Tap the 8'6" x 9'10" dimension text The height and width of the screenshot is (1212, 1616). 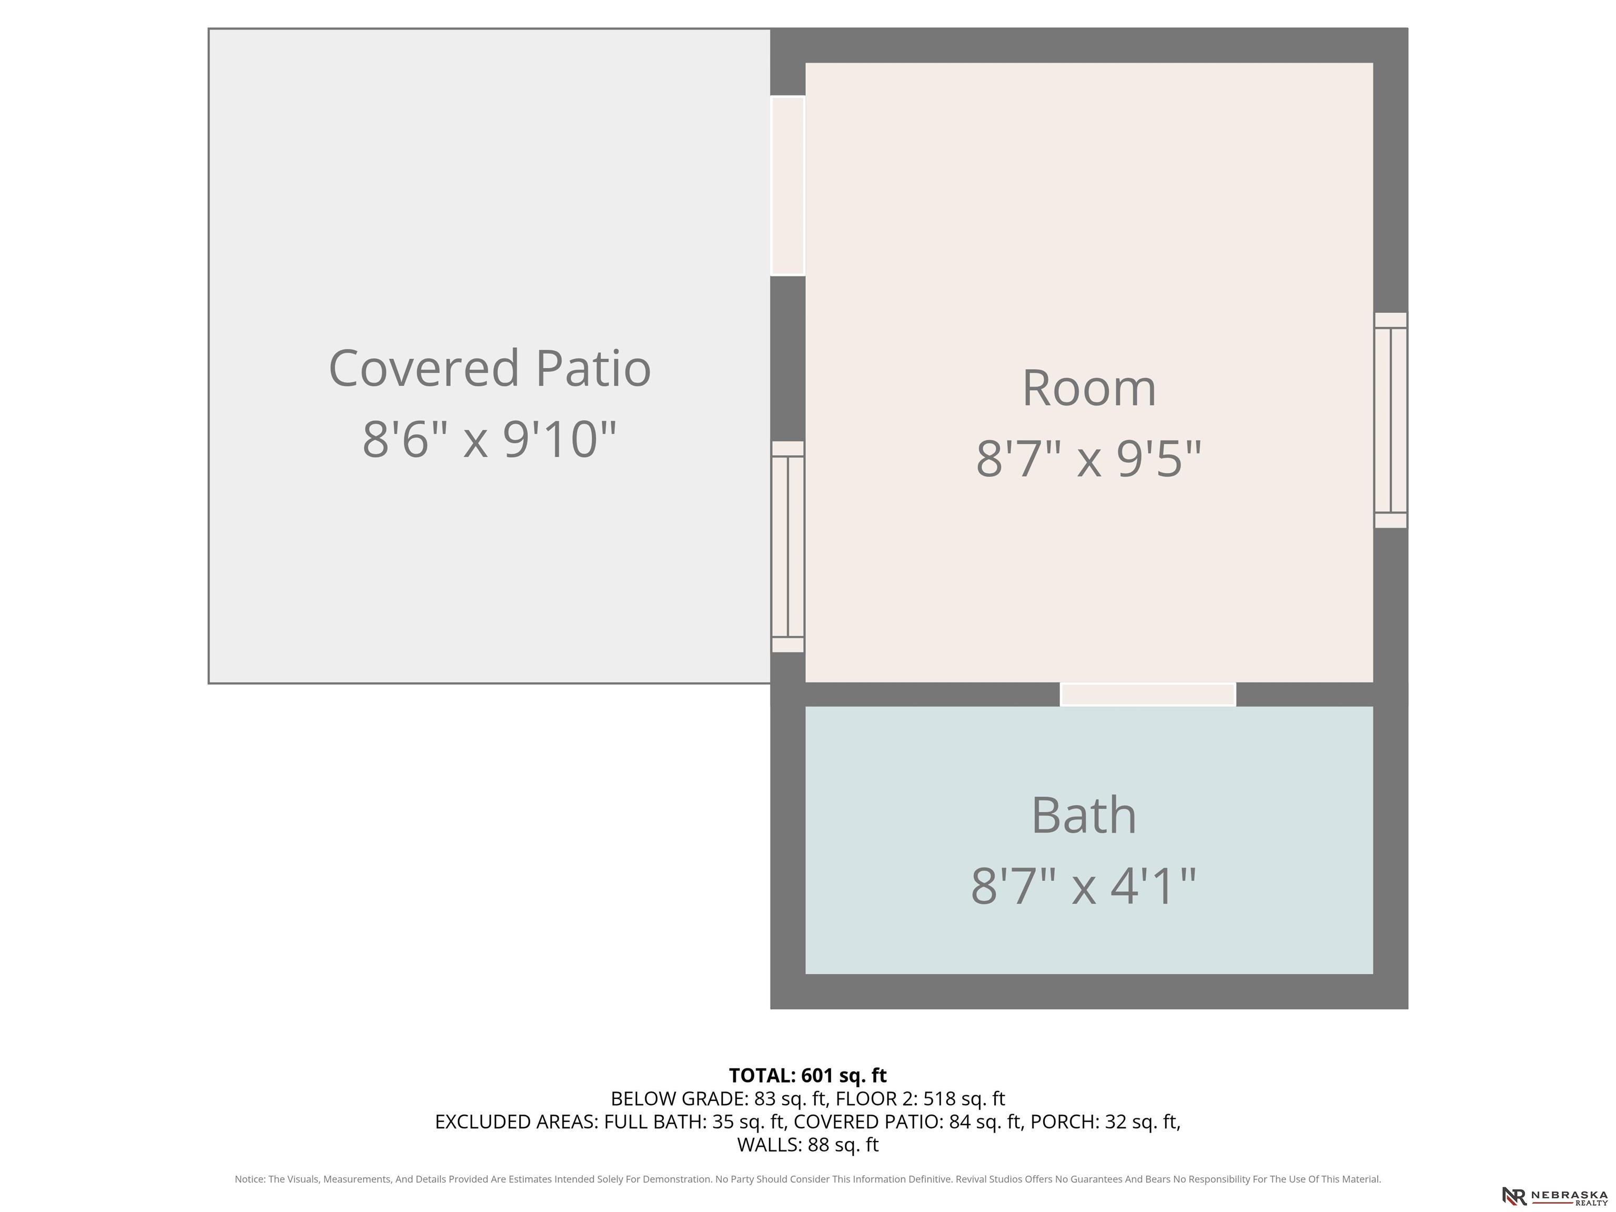[489, 439]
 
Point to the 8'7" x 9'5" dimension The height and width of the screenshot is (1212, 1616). [1088, 459]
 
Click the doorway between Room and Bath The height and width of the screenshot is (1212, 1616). [1148, 694]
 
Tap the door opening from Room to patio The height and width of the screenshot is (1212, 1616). [787, 186]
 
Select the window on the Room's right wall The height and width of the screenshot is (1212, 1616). [1390, 420]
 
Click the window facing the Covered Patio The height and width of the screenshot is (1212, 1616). [787, 547]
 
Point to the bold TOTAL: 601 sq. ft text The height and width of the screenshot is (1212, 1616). [807, 1075]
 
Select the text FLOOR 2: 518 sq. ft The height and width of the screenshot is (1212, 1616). [921, 1099]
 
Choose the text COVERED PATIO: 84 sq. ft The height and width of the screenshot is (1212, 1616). [907, 1122]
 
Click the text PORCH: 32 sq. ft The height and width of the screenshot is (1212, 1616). [1104, 1122]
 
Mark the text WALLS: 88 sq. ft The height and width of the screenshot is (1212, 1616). [807, 1145]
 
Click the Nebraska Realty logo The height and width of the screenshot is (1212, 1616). [1554, 1196]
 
